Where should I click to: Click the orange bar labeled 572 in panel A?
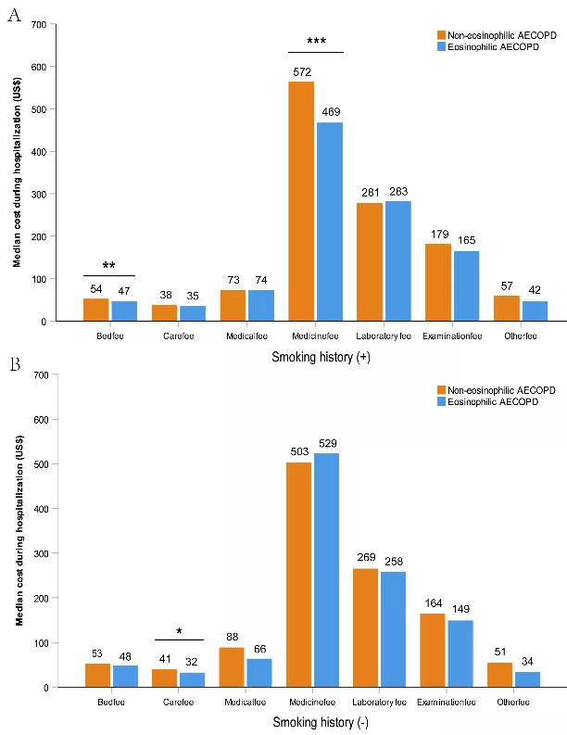pyautogui.click(x=301, y=201)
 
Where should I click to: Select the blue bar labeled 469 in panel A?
pyautogui.click(x=330, y=222)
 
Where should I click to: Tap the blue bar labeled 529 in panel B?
pyautogui.click(x=326, y=570)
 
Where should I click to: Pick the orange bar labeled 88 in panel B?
pyautogui.click(x=232, y=667)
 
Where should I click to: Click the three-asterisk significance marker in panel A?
pyautogui.click(x=316, y=42)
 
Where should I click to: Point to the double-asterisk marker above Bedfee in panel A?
pyautogui.click(x=108, y=266)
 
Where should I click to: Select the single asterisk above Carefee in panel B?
pyautogui.click(x=179, y=631)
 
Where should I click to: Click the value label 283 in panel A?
pyautogui.click(x=398, y=191)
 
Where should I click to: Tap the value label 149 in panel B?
pyautogui.click(x=460, y=609)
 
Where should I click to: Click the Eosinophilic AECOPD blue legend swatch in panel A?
pyautogui.click(x=441, y=46)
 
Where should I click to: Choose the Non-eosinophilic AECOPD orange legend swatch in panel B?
pyautogui.click(x=441, y=390)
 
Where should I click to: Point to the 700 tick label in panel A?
pyautogui.click(x=39, y=24)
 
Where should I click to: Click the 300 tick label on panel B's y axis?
pyautogui.click(x=42, y=553)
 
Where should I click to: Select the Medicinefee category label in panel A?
pyautogui.click(x=315, y=336)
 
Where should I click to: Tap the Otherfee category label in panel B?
pyautogui.click(x=513, y=703)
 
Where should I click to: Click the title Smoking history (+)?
pyautogui.click(x=321, y=357)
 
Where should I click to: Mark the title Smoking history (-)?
pyautogui.click(x=321, y=722)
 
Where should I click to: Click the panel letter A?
pyautogui.click(x=15, y=16)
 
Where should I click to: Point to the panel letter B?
pyautogui.click(x=15, y=364)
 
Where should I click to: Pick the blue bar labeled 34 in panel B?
pyautogui.click(x=528, y=679)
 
